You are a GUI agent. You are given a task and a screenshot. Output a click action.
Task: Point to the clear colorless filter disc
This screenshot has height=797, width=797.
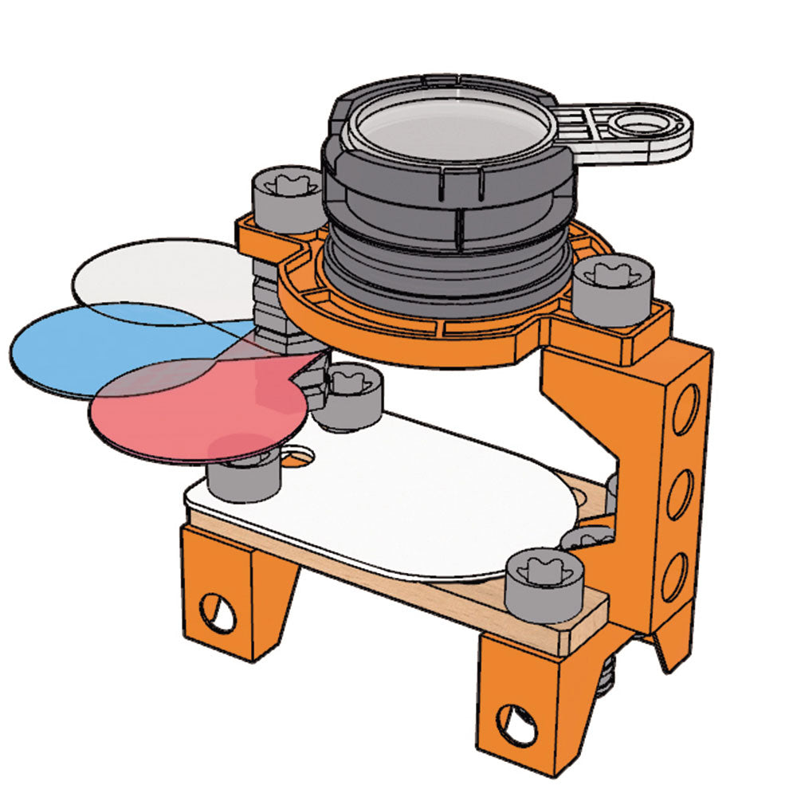[x=151, y=275]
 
